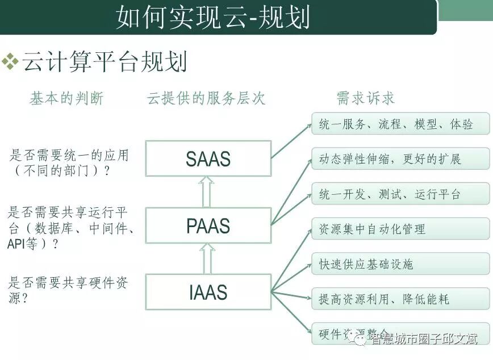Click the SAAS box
point(208,158)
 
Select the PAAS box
point(208,227)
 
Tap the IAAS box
point(208,292)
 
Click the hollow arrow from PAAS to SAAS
point(207,192)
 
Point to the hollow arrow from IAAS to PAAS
point(207,259)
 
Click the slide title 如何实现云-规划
point(213,18)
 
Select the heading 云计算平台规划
point(105,62)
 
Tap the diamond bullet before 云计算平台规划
point(10,62)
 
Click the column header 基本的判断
point(66,98)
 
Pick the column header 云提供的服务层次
point(206,98)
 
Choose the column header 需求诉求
point(365,98)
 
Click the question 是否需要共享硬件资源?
point(68,289)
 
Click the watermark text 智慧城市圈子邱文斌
point(423,339)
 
